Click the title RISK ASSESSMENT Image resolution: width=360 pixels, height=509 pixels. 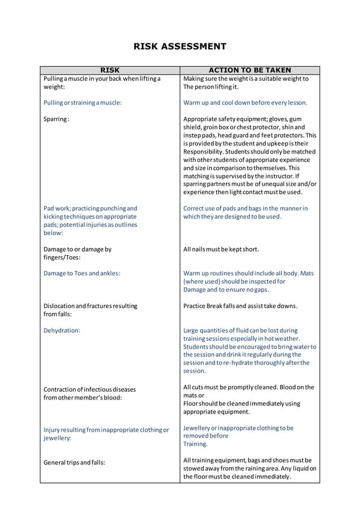tap(179, 46)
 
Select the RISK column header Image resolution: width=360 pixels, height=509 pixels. tap(109, 71)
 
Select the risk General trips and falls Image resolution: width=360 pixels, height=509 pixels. tap(74, 463)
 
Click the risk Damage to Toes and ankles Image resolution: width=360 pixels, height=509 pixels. tap(81, 274)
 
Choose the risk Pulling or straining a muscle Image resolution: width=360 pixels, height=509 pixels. tap(82, 103)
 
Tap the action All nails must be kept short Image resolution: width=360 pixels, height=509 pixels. tap(221, 249)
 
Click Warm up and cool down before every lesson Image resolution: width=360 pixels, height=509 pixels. tap(245, 103)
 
